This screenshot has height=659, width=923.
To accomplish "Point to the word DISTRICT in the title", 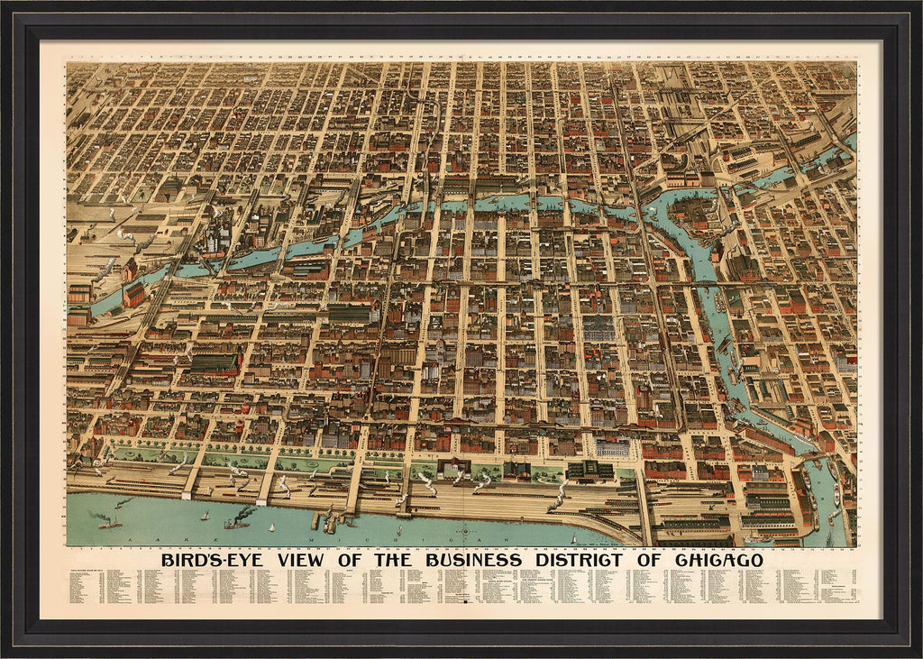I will (589, 560).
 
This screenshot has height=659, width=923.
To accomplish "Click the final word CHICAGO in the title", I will (717, 560).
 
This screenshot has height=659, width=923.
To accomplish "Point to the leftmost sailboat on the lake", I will (205, 516).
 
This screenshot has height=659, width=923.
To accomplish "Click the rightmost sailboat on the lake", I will (574, 539).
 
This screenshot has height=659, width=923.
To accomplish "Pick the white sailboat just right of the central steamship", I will (272, 526).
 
